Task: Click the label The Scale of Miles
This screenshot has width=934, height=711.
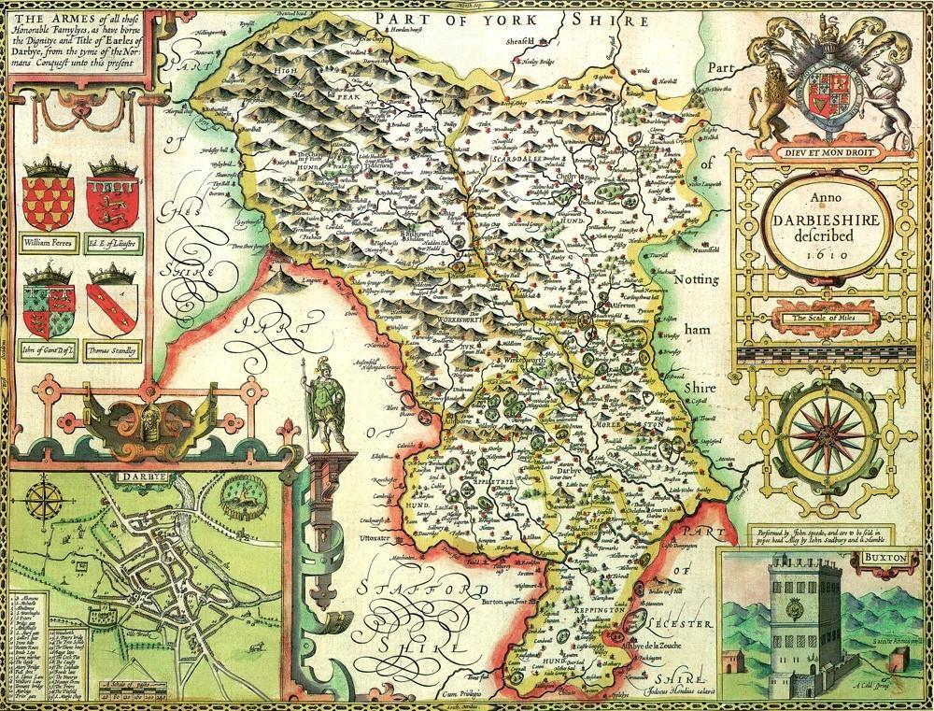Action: click(821, 320)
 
